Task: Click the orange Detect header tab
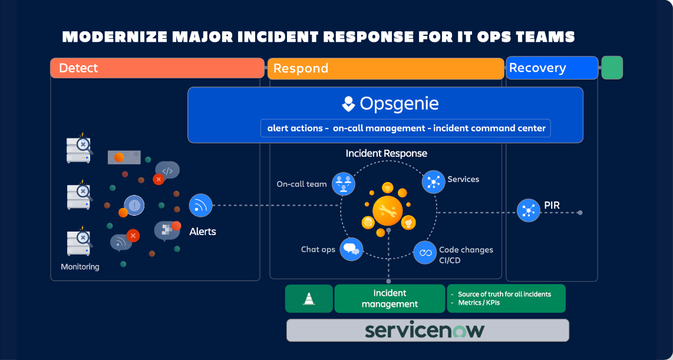(x=157, y=68)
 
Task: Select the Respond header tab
(x=386, y=68)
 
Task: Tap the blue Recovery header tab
(x=552, y=68)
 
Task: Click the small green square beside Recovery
(x=612, y=68)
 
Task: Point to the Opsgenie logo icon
(x=348, y=104)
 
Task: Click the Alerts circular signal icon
(x=200, y=206)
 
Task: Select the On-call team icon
(x=343, y=184)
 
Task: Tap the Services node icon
(x=433, y=181)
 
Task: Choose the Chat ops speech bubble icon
(x=352, y=249)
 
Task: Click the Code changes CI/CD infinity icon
(x=424, y=252)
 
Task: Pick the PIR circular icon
(x=528, y=210)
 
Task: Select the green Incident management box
(x=390, y=298)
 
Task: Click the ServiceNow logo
(x=424, y=330)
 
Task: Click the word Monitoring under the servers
(x=80, y=267)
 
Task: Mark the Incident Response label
(x=386, y=153)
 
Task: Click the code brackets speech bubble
(x=167, y=171)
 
